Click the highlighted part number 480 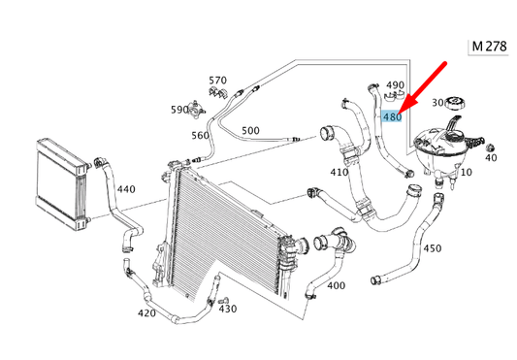392,117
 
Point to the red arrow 424,85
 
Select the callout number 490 396,85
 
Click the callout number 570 217,80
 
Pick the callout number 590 179,110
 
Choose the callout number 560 200,135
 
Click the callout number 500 249,129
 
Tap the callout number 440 126,190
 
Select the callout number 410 339,173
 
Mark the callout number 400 336,285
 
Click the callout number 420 146,313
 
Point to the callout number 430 227,309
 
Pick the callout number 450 433,248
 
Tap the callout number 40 491,157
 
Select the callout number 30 437,102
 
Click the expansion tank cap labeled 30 459,103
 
